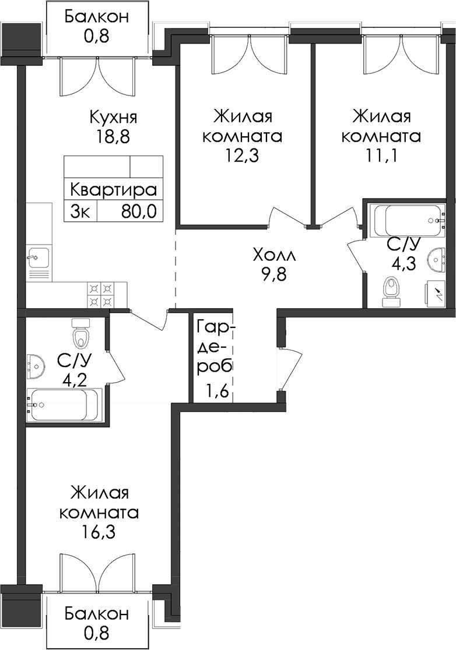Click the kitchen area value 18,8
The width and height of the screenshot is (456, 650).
tap(113, 137)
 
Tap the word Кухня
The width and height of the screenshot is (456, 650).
tap(113, 118)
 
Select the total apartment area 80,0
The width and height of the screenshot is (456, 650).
tap(139, 212)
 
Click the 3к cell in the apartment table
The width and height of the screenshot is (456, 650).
tap(80, 212)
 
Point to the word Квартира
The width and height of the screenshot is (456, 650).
tap(113, 190)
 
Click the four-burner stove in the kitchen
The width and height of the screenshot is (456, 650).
tap(101, 294)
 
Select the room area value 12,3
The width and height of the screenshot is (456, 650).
tap(243, 156)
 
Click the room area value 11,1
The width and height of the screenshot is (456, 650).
tap(381, 156)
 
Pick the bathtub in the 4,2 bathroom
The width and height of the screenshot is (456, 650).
tap(64, 405)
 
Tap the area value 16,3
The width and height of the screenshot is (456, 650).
tap(99, 532)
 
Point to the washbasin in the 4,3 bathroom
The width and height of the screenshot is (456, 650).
tap(437, 258)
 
